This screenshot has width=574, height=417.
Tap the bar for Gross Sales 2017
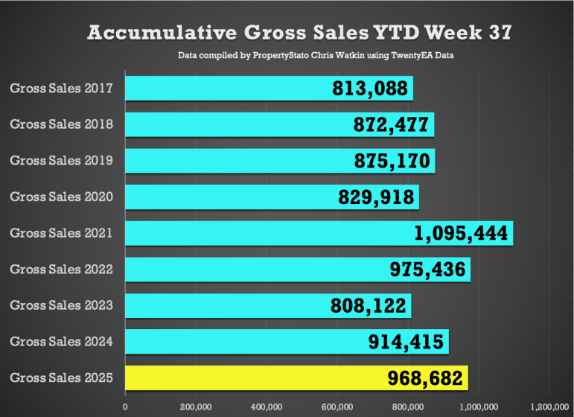[223, 89]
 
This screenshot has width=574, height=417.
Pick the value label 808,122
[369, 305]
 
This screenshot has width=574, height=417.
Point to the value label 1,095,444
[462, 233]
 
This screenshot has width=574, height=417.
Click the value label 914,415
[407, 342]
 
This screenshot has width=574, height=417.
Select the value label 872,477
[392, 124]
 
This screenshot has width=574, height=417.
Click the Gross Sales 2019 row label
[62, 161]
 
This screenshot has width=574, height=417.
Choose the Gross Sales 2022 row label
[62, 270]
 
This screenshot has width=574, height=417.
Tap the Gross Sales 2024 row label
[62, 342]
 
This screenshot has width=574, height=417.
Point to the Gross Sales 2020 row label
[62, 197]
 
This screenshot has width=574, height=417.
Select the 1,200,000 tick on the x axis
[549, 407]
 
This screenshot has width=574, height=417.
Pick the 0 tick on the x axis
[125, 407]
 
